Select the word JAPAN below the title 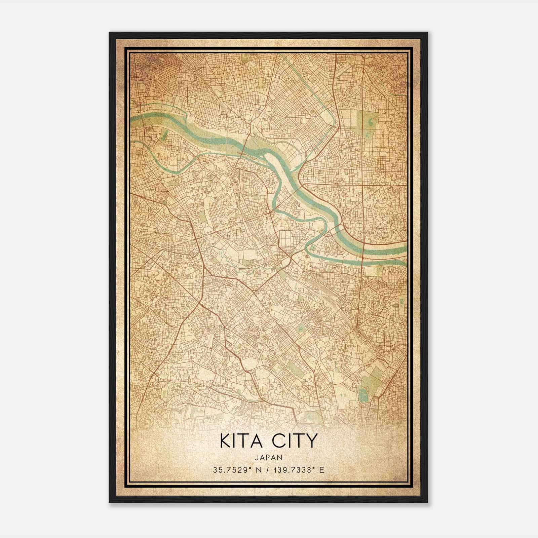click(268, 457)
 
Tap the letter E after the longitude click(322, 470)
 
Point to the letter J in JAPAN click(257, 457)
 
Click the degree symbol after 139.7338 click(315, 468)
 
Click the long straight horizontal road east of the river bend click(356, 185)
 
